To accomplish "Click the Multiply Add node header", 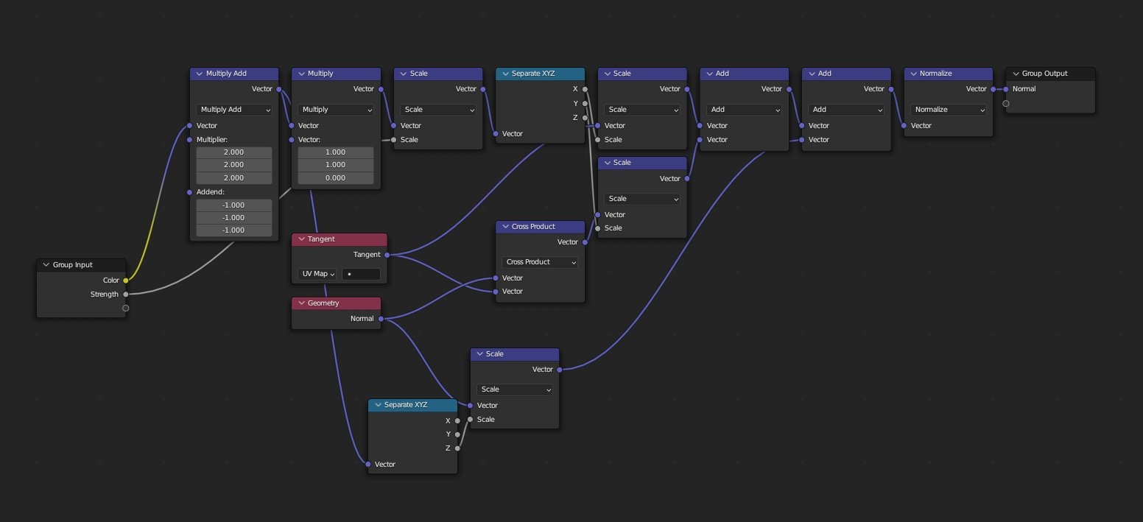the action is [x=234, y=74].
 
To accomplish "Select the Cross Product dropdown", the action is [x=540, y=262].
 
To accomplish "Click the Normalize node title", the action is [x=935, y=74].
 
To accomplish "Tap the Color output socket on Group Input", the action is [x=125, y=280].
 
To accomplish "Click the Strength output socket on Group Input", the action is [x=125, y=294].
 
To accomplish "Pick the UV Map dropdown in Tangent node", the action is [x=317, y=274].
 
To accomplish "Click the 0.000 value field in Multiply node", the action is [x=336, y=177].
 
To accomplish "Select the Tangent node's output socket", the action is [x=387, y=255].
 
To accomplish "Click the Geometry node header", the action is [x=337, y=303].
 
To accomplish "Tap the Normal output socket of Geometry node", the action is [x=381, y=318].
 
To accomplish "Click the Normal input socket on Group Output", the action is [x=1006, y=89].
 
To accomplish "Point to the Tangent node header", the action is [x=340, y=239].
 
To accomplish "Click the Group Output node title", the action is [x=1044, y=74].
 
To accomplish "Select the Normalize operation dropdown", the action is [x=948, y=110].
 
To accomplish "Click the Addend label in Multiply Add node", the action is [x=210, y=192].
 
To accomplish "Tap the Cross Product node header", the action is [x=540, y=226].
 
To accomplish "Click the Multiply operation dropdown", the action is [x=336, y=110].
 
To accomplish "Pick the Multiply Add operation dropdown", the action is [x=234, y=110].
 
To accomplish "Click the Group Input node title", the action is [x=72, y=265].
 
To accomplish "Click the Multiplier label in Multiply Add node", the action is [x=212, y=139].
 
